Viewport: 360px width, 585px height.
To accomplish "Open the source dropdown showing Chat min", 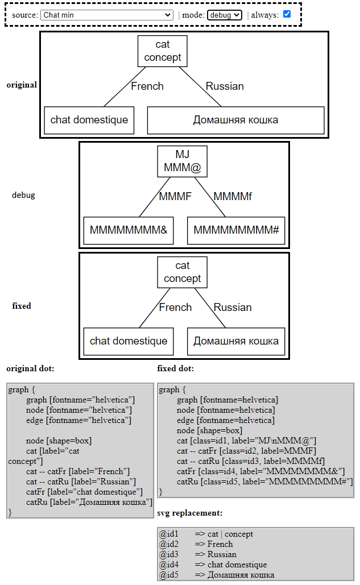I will click(x=106, y=15).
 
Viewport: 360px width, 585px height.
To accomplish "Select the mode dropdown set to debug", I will click(x=225, y=15).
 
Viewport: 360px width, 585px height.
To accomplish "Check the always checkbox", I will click(x=287, y=14).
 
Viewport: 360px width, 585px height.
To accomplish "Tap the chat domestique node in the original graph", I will click(x=89, y=120).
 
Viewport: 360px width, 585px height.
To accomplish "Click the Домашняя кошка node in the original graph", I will click(x=235, y=120).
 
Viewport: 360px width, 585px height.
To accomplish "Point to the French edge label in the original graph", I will click(x=147, y=86).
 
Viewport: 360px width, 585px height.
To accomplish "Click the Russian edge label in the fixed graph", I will click(x=233, y=308).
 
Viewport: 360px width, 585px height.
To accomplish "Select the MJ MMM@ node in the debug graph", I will click(x=182, y=161).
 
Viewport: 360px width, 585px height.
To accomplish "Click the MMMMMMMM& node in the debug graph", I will click(x=129, y=230).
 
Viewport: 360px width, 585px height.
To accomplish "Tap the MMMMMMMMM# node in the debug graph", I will click(x=235, y=230).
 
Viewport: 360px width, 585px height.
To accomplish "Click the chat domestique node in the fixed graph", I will click(x=129, y=341).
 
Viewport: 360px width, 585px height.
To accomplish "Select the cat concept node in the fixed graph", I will click(x=182, y=272).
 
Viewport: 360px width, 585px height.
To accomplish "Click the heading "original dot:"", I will click(x=31, y=368).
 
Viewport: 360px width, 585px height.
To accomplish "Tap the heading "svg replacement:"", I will click(x=189, y=513).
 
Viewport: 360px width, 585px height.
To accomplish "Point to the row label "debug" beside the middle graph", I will click(x=23, y=195).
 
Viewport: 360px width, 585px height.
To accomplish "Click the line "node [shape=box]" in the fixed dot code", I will click(x=209, y=430).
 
